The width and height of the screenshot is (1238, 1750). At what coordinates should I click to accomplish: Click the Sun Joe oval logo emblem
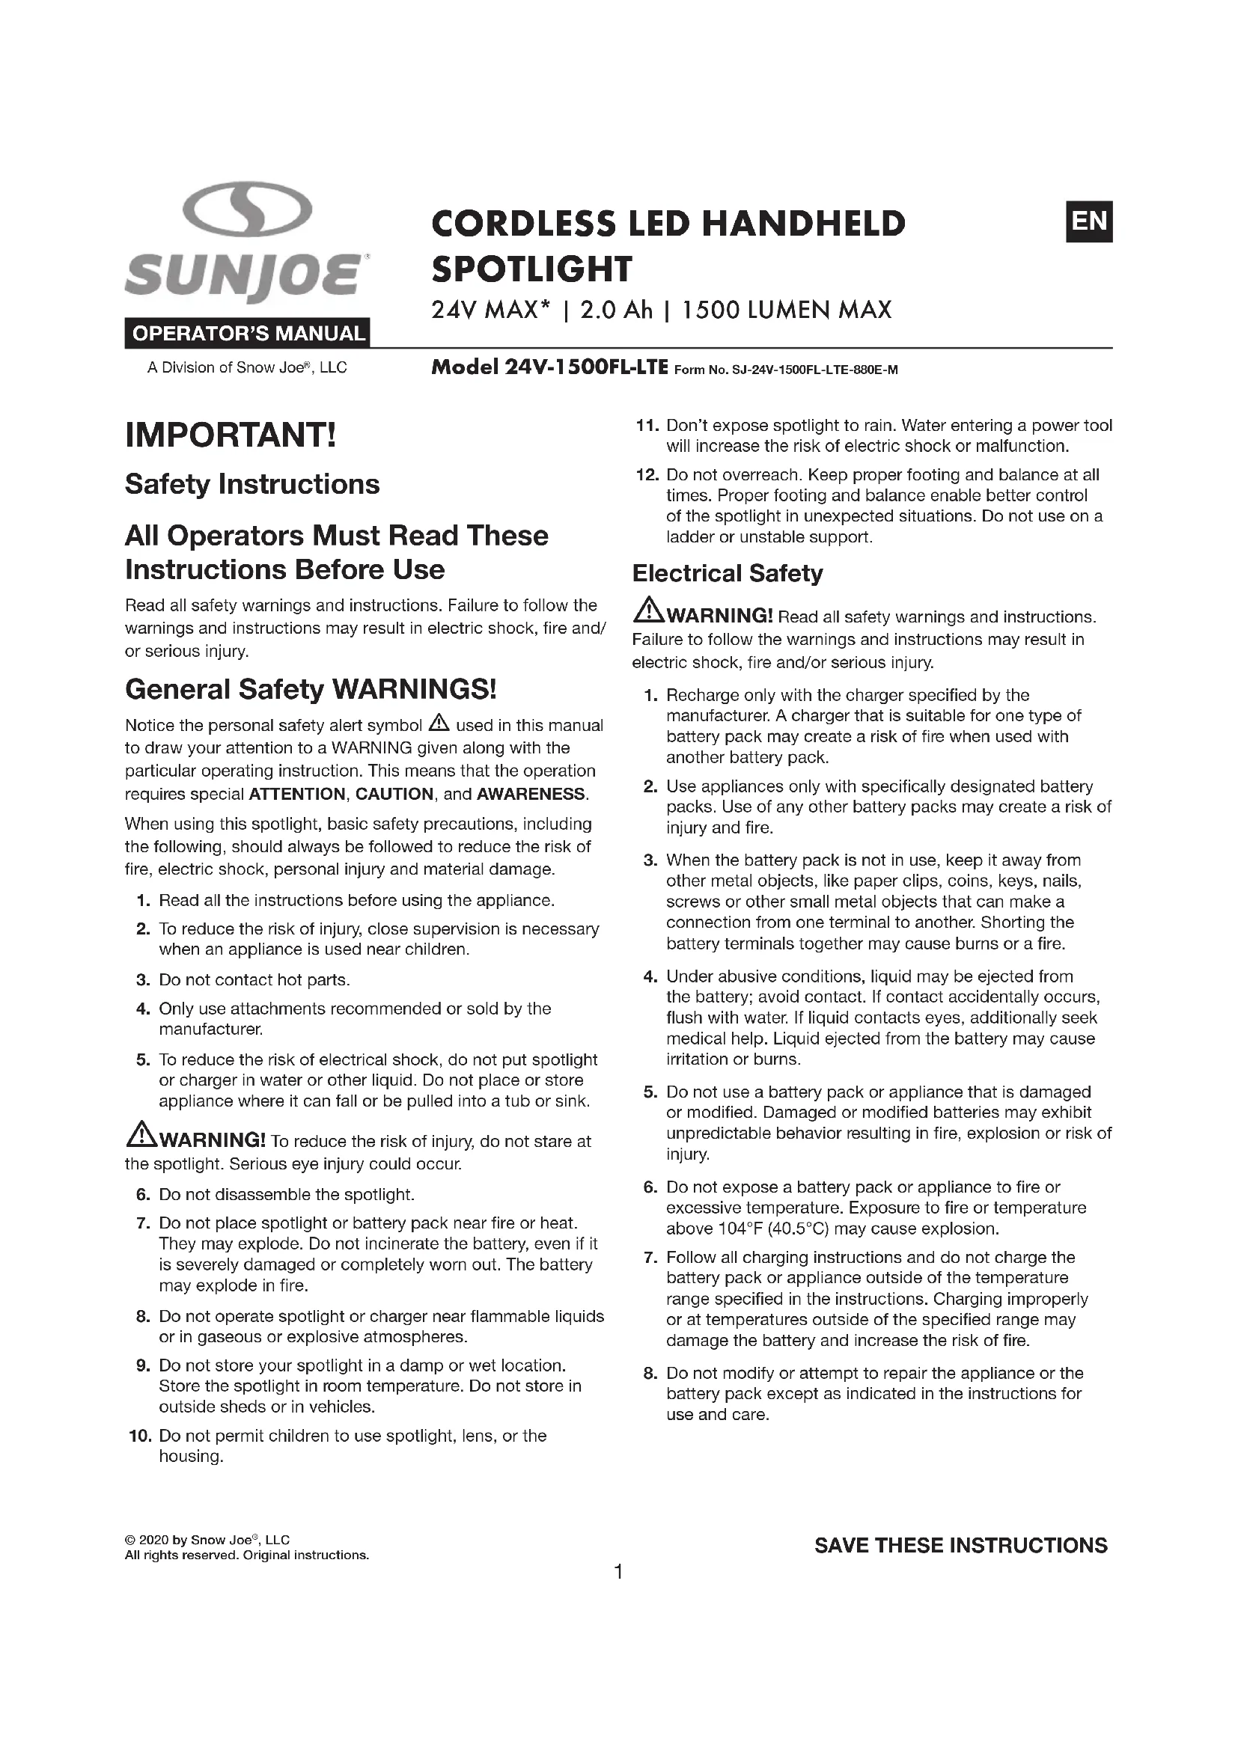pos(248,209)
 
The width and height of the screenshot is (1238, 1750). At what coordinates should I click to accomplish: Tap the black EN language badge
pos(1088,221)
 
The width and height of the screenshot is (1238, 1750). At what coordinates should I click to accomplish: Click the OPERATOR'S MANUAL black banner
pos(248,333)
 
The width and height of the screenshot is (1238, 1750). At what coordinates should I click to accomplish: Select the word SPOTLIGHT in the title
pos(531,269)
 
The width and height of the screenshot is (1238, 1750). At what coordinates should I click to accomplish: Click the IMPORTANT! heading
pos(231,435)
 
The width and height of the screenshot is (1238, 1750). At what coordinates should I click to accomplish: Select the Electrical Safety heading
pos(728,573)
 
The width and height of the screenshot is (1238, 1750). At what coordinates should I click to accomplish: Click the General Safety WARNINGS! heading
pos(311,689)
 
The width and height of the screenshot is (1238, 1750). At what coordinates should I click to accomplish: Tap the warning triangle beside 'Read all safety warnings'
pos(649,611)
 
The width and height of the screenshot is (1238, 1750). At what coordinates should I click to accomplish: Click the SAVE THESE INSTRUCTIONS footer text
pos(960,1545)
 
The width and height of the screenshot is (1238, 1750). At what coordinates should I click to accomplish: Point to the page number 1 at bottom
pos(619,1572)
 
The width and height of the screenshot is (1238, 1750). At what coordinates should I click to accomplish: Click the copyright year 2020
pos(154,1540)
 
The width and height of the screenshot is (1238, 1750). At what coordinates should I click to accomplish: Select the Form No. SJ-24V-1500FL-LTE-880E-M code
pos(786,370)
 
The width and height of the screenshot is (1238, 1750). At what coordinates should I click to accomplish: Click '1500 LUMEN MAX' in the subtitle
pos(786,310)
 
